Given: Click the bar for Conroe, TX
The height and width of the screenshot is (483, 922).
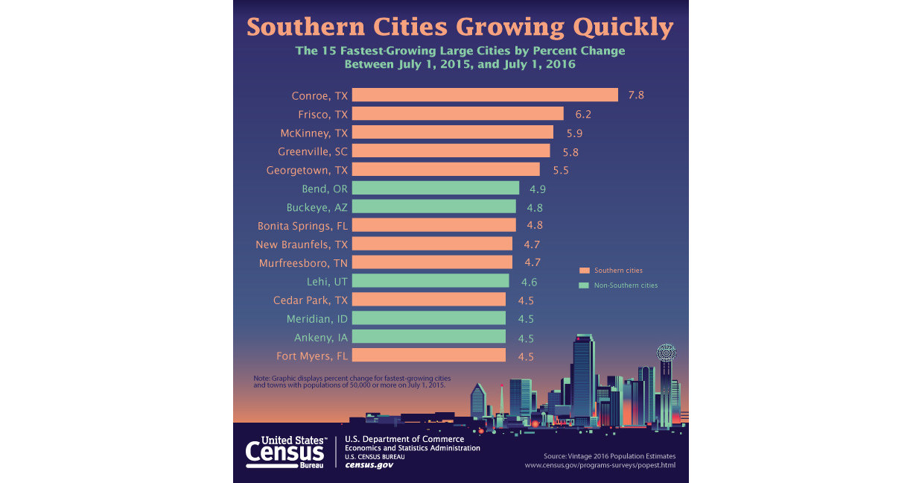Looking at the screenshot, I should point(484,95).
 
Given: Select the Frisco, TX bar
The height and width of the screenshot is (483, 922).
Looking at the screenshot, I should point(457,113).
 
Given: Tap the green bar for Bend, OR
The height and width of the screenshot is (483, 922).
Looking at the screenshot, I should point(435,188).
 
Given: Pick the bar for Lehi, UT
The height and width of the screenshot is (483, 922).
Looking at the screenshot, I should point(430,281).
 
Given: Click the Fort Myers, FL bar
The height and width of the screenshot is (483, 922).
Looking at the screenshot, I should point(428,356).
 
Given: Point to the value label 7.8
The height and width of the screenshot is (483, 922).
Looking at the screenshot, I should point(635,95).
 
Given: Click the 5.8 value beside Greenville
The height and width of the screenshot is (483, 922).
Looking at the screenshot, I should point(570,152).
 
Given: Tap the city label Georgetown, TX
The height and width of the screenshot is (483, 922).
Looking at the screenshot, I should point(307,170).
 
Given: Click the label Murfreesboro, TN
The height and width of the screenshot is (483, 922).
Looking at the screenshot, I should point(303,263).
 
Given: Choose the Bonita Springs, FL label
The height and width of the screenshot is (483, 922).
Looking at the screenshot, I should point(302,225).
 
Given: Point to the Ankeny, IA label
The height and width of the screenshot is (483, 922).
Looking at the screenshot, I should point(320,338).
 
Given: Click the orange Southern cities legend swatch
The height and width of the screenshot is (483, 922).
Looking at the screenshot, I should point(585,270).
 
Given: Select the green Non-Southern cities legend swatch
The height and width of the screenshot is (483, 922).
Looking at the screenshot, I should point(585,285).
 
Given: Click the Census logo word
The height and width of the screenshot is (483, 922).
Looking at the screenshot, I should point(284,452).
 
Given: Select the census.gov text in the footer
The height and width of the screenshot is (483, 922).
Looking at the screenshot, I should point(369,465).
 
